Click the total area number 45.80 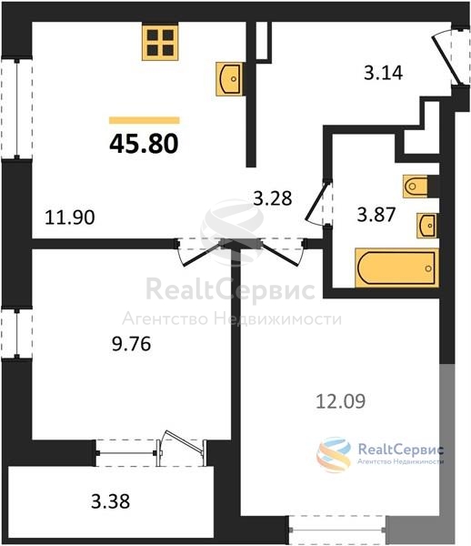coord(144,144)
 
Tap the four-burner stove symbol coord(160,42)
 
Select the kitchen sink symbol coord(229,79)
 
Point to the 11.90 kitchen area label coord(70,217)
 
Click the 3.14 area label coord(383,73)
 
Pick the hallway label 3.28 coord(273,198)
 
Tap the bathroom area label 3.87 coord(376,214)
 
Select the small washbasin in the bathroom coord(427,226)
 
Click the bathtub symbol coord(396,268)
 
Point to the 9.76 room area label coord(131,344)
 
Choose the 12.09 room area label coord(341,401)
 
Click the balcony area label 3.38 coord(111,501)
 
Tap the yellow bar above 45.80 coord(144,120)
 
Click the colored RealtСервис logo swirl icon coord(334,454)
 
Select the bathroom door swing coord(317,203)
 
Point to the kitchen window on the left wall coord(16,109)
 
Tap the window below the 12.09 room coord(337,530)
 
